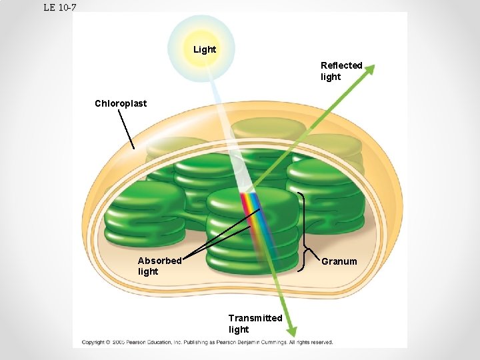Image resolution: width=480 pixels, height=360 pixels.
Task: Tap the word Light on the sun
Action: pos(205,49)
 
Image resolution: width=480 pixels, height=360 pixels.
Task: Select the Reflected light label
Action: pos(341,71)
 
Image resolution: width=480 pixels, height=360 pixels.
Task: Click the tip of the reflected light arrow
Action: pos(373,66)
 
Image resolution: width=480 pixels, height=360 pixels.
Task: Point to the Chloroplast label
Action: pos(121,103)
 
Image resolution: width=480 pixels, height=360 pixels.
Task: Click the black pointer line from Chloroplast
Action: pos(126,129)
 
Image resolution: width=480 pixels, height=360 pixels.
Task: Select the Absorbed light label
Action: pos(159,266)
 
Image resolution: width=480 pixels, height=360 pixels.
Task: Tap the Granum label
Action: pos(339,261)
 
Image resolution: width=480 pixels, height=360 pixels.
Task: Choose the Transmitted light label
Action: pos(255,323)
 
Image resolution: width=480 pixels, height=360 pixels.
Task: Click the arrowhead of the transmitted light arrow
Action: pos(293,329)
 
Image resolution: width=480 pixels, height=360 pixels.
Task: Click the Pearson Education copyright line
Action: pos(207,342)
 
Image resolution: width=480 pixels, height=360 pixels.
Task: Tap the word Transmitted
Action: pos(255,318)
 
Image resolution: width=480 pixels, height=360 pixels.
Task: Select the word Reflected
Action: pos(341,65)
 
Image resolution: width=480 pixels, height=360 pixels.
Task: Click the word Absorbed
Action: pos(159,261)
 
